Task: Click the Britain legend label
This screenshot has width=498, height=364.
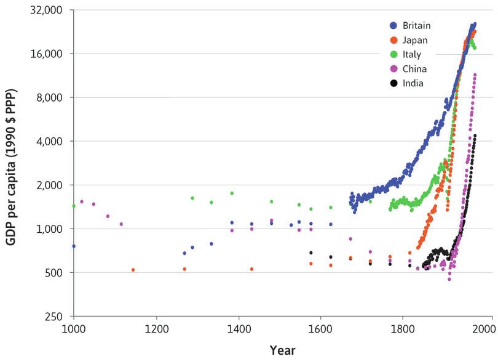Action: pos(416,25)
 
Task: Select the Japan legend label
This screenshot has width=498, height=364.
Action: pos(415,40)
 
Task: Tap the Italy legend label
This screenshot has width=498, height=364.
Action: pos(412,54)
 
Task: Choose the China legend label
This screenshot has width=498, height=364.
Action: pos(414,69)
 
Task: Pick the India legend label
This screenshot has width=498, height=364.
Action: pos(413,83)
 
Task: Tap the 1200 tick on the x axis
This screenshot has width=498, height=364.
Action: pos(157,330)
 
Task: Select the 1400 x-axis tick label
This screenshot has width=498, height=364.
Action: pos(239,330)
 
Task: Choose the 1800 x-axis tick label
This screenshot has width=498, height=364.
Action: pos(403,330)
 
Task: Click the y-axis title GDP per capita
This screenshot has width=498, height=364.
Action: pos(12,168)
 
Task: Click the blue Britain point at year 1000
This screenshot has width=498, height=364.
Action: pos(74,246)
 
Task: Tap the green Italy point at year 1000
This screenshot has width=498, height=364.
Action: pos(74,206)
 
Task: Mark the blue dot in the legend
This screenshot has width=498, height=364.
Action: pos(393,26)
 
